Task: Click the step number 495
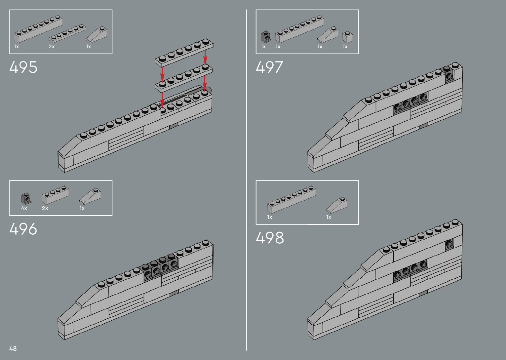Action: pos(23,67)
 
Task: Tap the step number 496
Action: pos(23,229)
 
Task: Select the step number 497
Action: pos(269,67)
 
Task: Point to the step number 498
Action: pos(270,238)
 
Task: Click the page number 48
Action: pos(13,348)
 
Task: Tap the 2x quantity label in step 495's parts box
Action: pos(52,47)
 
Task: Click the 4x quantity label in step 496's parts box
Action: pos(24,208)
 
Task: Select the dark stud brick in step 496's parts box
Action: pos(26,198)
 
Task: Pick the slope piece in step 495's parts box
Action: pos(97,35)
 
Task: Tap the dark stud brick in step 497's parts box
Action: pos(265,37)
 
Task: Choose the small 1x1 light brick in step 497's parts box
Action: pos(347,37)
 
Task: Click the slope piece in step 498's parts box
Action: pos(337,205)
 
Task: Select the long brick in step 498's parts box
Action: pos(291,199)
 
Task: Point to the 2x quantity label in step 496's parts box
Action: pos(45,208)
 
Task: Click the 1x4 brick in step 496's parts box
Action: pos(55,195)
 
